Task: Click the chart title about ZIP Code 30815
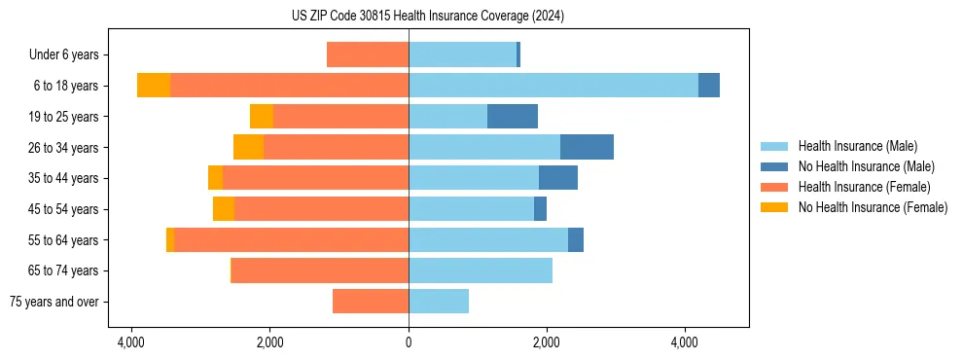pyautogui.click(x=427, y=17)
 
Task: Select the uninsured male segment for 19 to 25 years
pyautogui.click(x=513, y=117)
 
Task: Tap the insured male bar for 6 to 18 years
pyautogui.click(x=553, y=86)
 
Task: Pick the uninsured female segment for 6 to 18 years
pyautogui.click(x=154, y=86)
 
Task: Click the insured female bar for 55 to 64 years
pyautogui.click(x=291, y=240)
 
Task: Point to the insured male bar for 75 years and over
pyautogui.click(x=439, y=302)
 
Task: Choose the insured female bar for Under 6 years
pyautogui.click(x=368, y=54)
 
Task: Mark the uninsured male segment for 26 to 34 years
pyautogui.click(x=587, y=147)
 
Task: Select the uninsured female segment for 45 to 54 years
pyautogui.click(x=224, y=209)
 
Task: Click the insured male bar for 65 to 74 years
pyautogui.click(x=481, y=270)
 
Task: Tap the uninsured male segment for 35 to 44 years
pyautogui.click(x=558, y=178)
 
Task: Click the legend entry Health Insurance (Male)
pyautogui.click(x=857, y=146)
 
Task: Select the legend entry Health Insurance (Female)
pyautogui.click(x=864, y=187)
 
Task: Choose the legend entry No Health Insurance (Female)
pyautogui.click(x=873, y=207)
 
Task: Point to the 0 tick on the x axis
pyautogui.click(x=409, y=342)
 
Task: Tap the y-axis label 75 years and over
pyautogui.click(x=54, y=302)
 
